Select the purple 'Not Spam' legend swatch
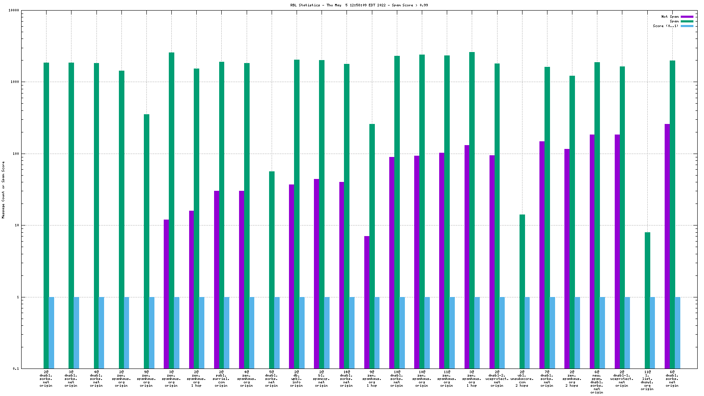[687, 17]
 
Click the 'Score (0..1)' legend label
[665, 26]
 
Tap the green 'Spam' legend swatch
[687, 21]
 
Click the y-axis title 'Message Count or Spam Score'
[3, 190]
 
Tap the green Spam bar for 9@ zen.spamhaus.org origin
[146, 241]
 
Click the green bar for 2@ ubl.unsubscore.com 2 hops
[522, 291]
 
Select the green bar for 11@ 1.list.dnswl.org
[647, 300]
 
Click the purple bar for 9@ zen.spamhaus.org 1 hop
[367, 302]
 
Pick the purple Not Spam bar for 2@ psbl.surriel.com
[217, 279]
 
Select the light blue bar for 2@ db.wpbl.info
[302, 333]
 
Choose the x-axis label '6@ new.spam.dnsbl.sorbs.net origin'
[597, 382]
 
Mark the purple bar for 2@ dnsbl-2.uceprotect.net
[492, 262]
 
